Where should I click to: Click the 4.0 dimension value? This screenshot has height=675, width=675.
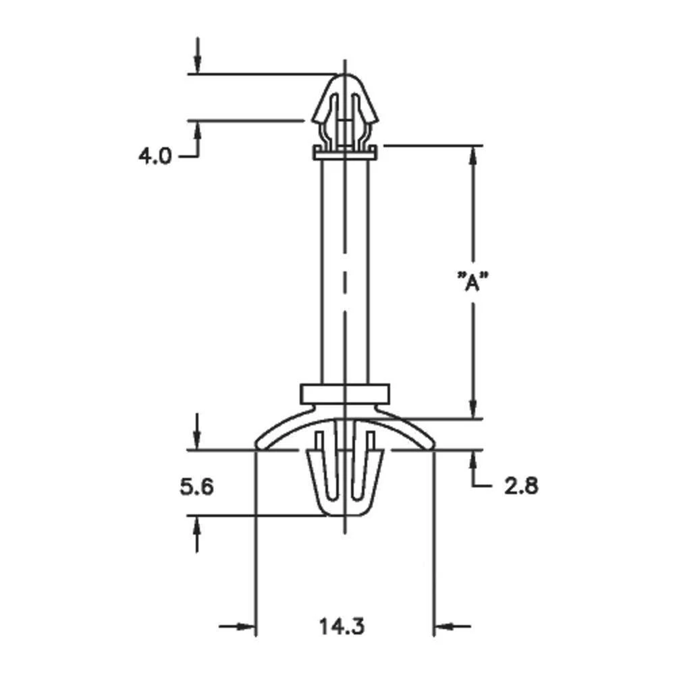tap(156, 157)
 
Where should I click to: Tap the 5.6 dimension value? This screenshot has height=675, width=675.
tap(196, 486)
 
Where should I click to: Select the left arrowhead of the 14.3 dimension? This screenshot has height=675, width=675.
tap(247, 627)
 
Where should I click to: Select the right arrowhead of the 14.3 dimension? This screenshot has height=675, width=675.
tap(442, 627)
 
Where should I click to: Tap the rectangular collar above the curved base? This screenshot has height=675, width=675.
tap(345, 394)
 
